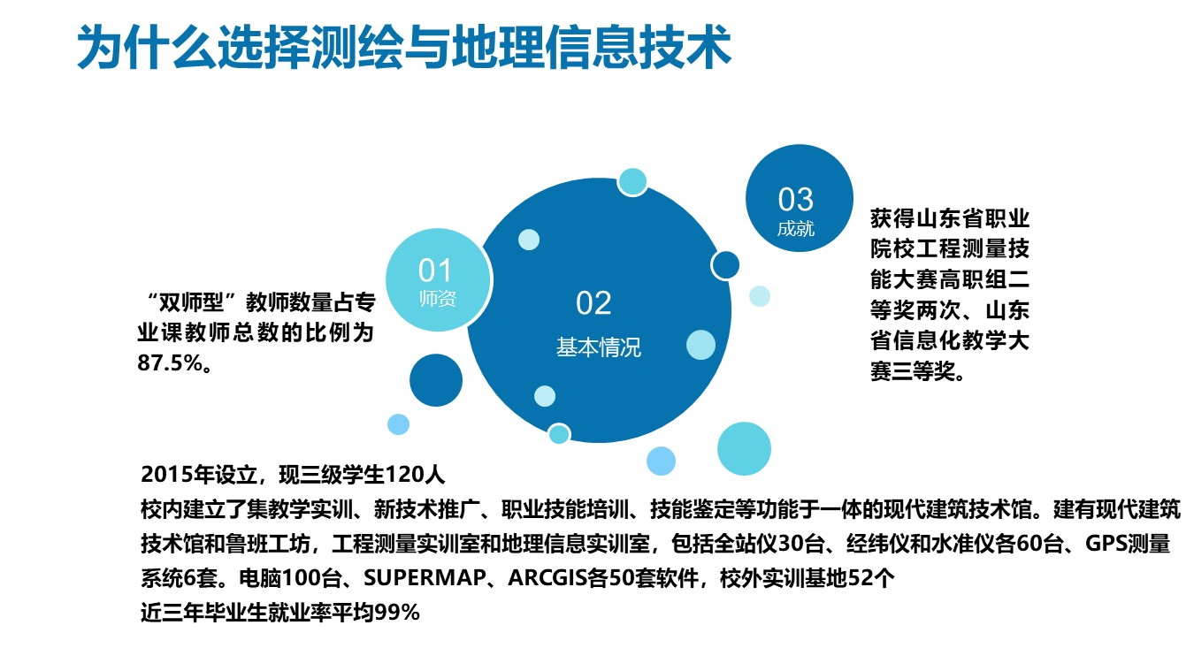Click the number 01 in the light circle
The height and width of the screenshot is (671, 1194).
point(435,271)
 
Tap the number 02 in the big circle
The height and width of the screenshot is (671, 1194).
point(593,303)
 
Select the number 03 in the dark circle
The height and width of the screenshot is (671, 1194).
point(795,199)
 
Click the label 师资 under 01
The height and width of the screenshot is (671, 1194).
point(438,299)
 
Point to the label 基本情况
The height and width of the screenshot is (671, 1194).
point(599,347)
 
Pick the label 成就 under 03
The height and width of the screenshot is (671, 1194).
point(795,229)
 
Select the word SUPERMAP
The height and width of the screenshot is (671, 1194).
point(425,577)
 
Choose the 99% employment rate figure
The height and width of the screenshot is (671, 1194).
point(397,613)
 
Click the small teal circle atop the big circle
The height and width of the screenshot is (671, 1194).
point(632,182)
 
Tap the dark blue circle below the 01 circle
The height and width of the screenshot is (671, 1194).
point(436,380)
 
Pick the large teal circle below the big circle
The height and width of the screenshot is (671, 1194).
point(744,449)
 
